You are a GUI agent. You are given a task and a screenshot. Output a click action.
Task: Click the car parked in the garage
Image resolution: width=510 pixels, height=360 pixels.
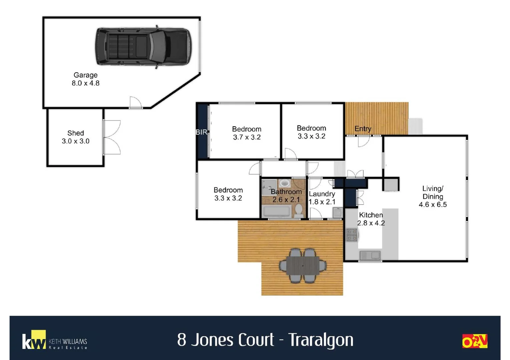click(143, 47)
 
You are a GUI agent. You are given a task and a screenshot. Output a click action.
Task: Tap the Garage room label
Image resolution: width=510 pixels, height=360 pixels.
click(85, 75)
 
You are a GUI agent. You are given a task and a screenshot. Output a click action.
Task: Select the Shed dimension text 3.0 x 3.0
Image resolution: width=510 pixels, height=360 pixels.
click(75, 141)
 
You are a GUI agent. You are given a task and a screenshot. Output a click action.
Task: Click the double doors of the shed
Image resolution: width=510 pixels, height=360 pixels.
click(112, 137)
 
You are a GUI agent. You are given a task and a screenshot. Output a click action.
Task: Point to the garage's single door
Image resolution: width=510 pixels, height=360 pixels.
click(135, 103)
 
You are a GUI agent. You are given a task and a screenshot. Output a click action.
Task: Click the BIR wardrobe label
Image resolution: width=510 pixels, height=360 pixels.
click(201, 132)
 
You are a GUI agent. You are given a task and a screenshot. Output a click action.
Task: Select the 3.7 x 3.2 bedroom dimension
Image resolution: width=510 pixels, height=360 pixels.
click(246, 137)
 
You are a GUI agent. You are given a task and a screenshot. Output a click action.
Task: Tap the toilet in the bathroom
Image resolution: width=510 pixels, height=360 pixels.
click(299, 210)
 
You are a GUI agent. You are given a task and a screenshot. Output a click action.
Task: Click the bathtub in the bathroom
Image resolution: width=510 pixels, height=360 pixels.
click(277, 211)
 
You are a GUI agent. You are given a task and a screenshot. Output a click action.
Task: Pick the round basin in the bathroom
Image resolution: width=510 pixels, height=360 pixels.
click(285, 183)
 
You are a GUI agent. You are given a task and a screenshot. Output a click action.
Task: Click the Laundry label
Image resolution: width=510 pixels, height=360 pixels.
click(322, 194)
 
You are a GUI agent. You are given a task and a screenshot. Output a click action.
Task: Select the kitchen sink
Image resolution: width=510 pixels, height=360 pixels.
click(370, 255)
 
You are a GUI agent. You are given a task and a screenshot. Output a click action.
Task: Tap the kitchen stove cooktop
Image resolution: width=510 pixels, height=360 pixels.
click(352, 235)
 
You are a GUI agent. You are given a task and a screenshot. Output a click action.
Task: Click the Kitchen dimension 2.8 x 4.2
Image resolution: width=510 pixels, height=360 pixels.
click(371, 223)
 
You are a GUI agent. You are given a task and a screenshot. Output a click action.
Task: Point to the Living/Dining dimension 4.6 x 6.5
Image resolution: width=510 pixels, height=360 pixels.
click(433, 204)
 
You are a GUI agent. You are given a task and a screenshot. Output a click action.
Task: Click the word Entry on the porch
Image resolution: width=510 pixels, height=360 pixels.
click(363, 129)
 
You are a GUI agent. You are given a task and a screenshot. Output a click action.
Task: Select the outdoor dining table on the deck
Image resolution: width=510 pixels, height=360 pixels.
click(303, 266)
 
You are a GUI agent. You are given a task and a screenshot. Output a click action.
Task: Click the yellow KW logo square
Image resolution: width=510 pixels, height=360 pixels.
click(38, 339)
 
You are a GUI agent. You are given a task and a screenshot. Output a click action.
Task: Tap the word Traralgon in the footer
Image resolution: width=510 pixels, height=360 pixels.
click(321, 340)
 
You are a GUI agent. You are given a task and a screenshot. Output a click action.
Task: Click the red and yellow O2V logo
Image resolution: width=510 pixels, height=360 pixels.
click(475, 341)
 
